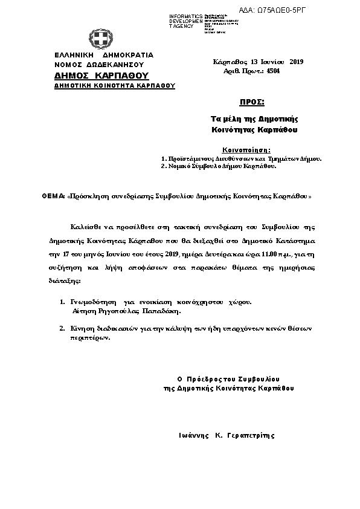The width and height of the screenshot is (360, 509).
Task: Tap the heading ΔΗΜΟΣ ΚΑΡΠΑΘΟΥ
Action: [x=101, y=76]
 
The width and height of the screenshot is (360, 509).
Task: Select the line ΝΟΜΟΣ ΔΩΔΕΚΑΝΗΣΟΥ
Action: [x=98, y=63]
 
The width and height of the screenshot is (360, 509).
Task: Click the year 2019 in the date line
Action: [x=297, y=62]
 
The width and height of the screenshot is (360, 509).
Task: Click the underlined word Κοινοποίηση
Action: [x=246, y=149]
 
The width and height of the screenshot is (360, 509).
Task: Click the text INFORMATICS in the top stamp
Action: [x=186, y=16]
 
